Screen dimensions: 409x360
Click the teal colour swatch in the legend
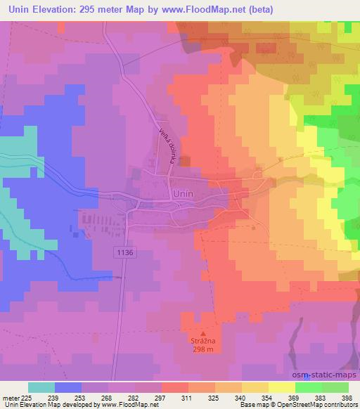pos(41,387)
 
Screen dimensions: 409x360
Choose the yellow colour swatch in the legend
pos(282,387)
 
